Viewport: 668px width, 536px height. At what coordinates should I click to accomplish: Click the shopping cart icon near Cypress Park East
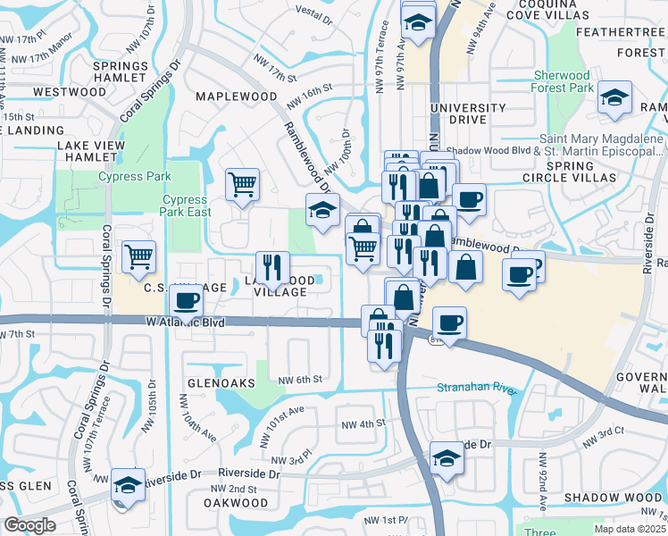tap(242, 186)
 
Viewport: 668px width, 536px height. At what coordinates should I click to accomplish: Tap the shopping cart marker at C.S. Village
tap(138, 258)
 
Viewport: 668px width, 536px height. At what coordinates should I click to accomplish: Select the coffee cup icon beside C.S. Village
tap(186, 301)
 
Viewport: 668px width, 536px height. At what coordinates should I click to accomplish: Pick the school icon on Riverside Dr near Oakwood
tap(129, 485)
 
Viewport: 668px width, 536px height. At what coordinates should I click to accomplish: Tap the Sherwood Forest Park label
tap(564, 82)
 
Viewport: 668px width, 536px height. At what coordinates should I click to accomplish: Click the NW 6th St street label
tap(299, 379)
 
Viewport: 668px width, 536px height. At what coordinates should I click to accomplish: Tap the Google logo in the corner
tap(29, 524)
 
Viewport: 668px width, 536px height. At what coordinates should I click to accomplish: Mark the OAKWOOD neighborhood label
tap(238, 502)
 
